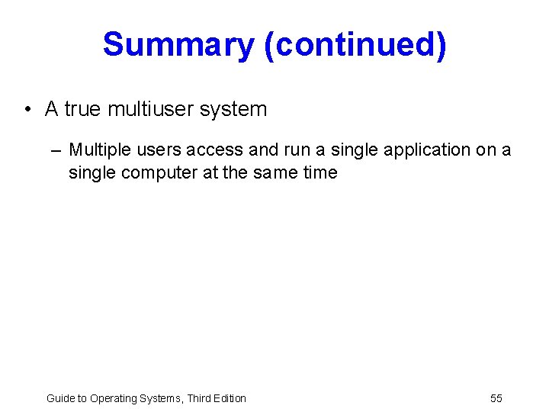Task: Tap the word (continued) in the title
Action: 355,45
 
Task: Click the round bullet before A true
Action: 27,110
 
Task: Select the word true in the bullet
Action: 82,109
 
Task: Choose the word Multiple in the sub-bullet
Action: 95,150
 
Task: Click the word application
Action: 428,150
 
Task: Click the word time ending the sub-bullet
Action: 319,172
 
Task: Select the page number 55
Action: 496,398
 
